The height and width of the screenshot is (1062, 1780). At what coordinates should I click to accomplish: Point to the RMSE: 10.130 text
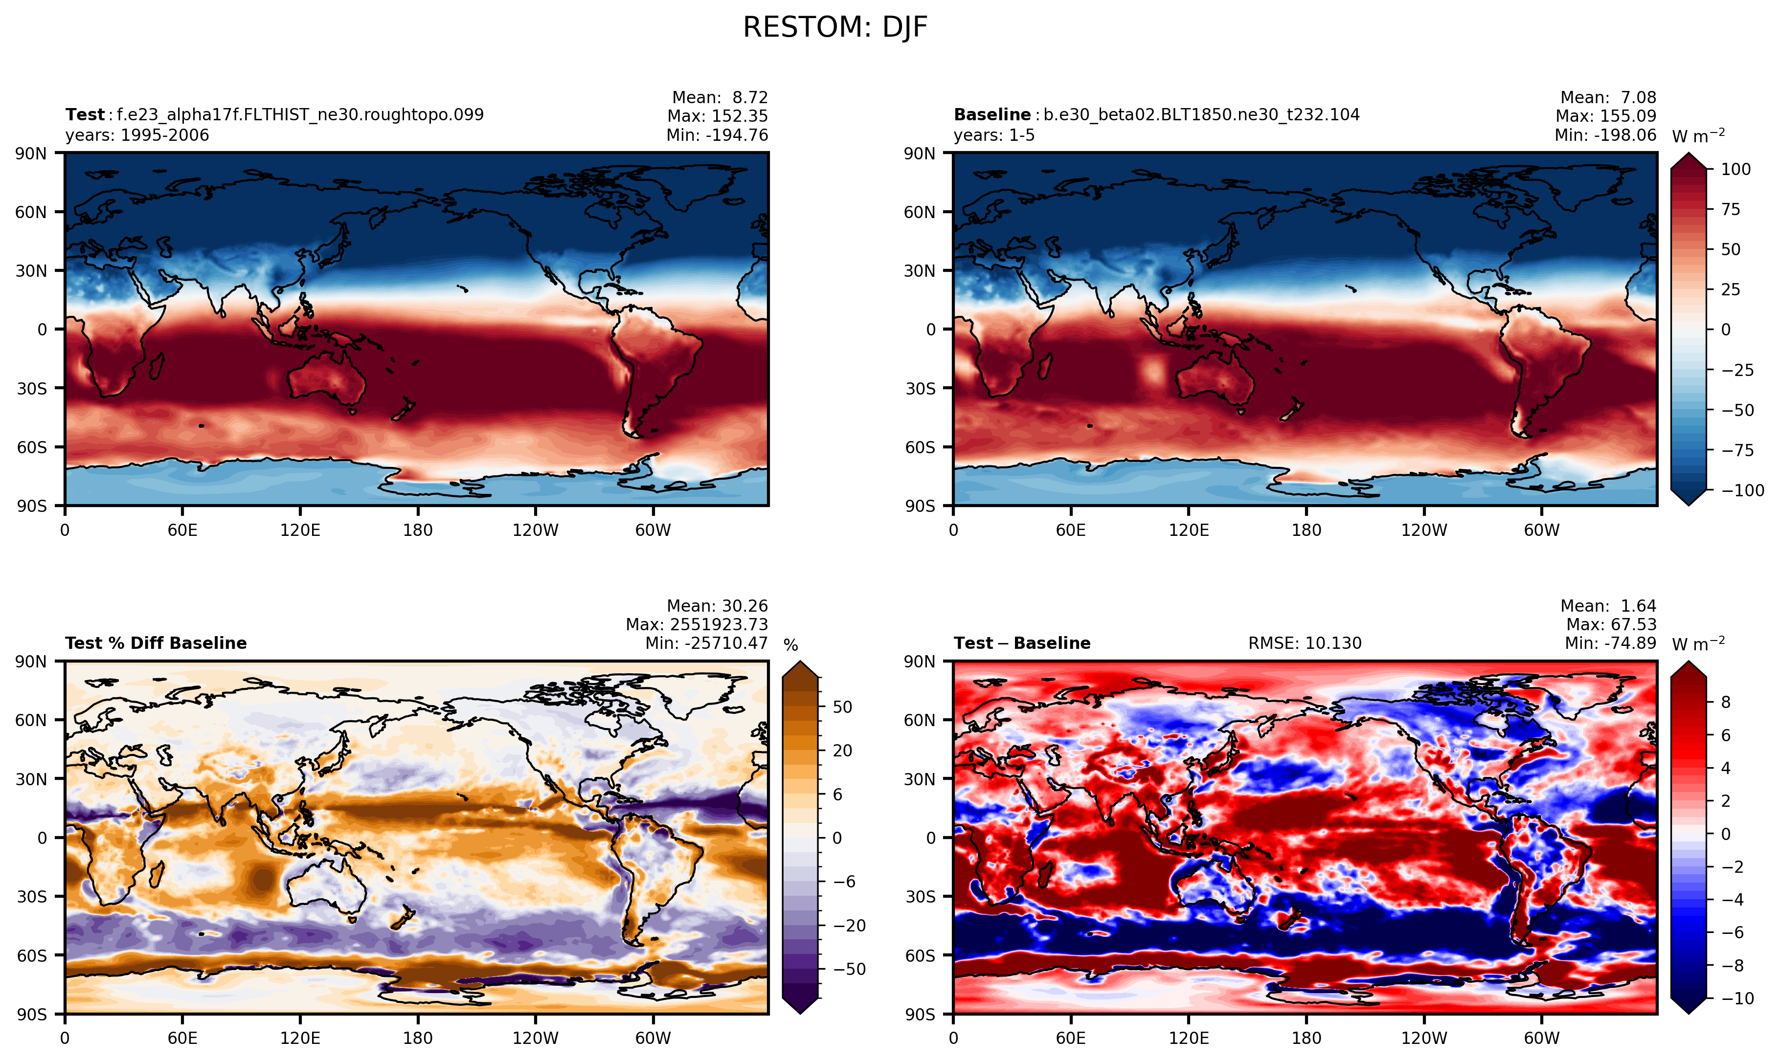(1305, 643)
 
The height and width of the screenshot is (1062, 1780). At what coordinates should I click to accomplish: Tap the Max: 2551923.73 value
(697, 625)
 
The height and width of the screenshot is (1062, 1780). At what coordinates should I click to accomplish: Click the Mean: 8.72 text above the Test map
(720, 97)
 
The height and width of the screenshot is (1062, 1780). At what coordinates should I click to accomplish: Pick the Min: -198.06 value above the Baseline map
(1605, 135)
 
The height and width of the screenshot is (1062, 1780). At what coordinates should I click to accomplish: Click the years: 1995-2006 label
(137, 135)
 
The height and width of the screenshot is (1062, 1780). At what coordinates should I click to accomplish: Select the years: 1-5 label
(994, 135)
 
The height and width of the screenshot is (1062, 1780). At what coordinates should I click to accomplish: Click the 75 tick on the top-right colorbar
(1731, 210)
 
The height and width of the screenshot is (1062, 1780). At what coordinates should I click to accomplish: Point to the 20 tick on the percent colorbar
(842, 751)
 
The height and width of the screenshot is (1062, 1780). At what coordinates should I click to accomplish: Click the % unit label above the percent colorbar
(790, 645)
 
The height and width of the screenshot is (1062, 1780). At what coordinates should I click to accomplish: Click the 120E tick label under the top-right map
(1188, 531)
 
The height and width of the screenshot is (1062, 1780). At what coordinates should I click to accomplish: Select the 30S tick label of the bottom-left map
(31, 897)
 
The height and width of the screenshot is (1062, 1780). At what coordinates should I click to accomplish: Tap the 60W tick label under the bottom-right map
(1541, 1039)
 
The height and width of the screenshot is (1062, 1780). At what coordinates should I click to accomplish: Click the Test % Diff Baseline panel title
(156, 643)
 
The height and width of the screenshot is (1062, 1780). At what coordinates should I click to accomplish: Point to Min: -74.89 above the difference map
(1610, 643)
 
